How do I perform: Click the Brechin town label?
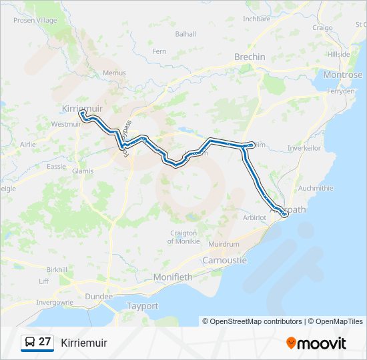coord(250,57)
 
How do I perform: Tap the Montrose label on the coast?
coord(342,75)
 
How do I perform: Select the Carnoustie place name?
coord(224,260)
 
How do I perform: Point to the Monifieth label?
coord(172,277)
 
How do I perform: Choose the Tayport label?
coord(143,306)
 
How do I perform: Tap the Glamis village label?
coord(83,171)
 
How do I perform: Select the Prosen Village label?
coord(34,21)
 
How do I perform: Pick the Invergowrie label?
coord(55,302)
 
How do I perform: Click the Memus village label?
coord(114,73)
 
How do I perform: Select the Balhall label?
coord(186,33)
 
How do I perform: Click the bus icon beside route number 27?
coord(30,343)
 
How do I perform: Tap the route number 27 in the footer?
coord(45,342)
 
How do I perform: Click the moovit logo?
coord(316,343)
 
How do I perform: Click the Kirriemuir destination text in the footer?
coord(84,343)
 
